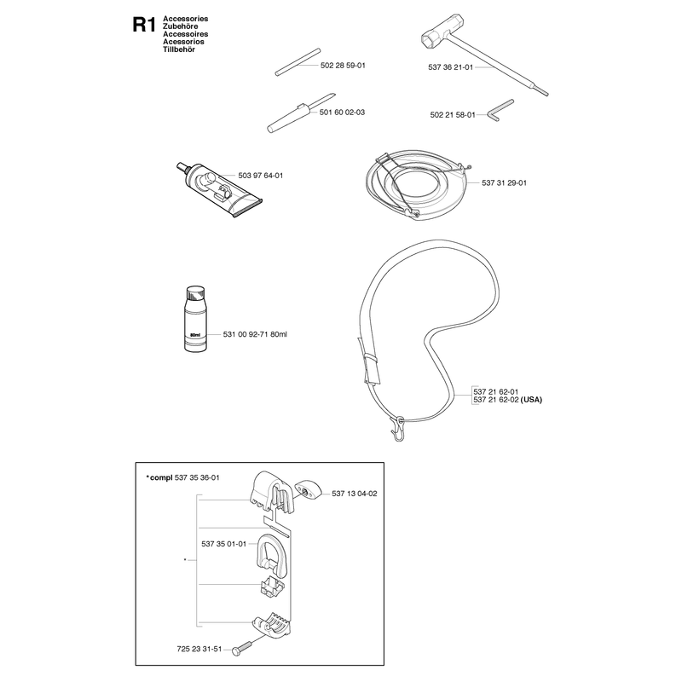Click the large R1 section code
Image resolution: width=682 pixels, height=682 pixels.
point(143,25)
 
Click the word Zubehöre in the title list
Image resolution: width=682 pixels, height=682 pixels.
point(180,26)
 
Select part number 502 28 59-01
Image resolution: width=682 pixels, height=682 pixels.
point(343,66)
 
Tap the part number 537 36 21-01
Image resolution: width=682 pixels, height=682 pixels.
point(450,67)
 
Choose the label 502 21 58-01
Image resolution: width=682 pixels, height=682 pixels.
point(453,115)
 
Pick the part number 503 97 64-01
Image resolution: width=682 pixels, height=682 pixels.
point(261,176)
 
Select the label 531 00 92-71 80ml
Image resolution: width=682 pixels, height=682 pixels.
point(255,334)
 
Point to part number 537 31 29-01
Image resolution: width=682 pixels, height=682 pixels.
point(504,183)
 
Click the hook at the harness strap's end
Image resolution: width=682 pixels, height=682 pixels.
point(398,430)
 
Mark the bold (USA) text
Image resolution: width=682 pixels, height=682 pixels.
point(531,400)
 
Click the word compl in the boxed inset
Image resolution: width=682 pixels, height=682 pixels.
point(161,478)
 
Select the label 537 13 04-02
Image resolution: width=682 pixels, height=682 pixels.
point(355,494)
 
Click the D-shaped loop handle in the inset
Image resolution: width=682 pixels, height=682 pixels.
point(270,555)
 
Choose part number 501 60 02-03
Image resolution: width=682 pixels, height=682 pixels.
point(342,113)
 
